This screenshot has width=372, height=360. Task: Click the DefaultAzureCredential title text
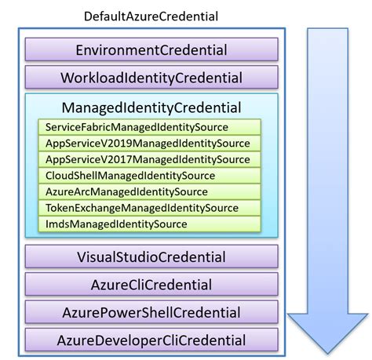click(150, 16)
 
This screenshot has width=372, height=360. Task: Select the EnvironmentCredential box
click(151, 50)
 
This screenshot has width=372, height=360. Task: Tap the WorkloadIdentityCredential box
click(151, 78)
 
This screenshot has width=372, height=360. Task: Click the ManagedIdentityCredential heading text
click(151, 107)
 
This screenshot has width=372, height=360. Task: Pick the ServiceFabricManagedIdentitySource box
click(148, 127)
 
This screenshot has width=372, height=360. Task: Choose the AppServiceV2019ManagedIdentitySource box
click(148, 144)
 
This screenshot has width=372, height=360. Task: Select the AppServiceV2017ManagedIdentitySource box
click(148, 159)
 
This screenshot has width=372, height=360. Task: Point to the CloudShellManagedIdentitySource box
click(148, 176)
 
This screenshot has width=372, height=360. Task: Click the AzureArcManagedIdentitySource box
click(148, 192)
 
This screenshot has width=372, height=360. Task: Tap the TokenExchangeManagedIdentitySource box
click(148, 208)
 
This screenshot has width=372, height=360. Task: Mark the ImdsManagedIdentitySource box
click(148, 224)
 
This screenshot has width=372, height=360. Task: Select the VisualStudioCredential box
click(151, 256)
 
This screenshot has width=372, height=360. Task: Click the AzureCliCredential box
click(151, 284)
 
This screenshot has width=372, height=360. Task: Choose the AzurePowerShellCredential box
click(151, 312)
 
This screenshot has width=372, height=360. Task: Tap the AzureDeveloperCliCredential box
click(151, 340)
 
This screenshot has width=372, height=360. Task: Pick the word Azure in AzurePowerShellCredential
click(80, 312)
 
